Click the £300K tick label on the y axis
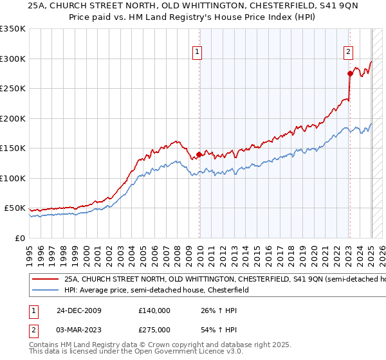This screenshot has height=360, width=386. (x=13, y=59)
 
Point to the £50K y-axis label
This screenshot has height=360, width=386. (x=15, y=209)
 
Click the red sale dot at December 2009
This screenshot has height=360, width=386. (x=199, y=154)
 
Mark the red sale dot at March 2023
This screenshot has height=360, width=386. (x=350, y=73)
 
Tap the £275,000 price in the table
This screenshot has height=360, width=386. (x=154, y=330)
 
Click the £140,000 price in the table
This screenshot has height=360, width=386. (x=154, y=310)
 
